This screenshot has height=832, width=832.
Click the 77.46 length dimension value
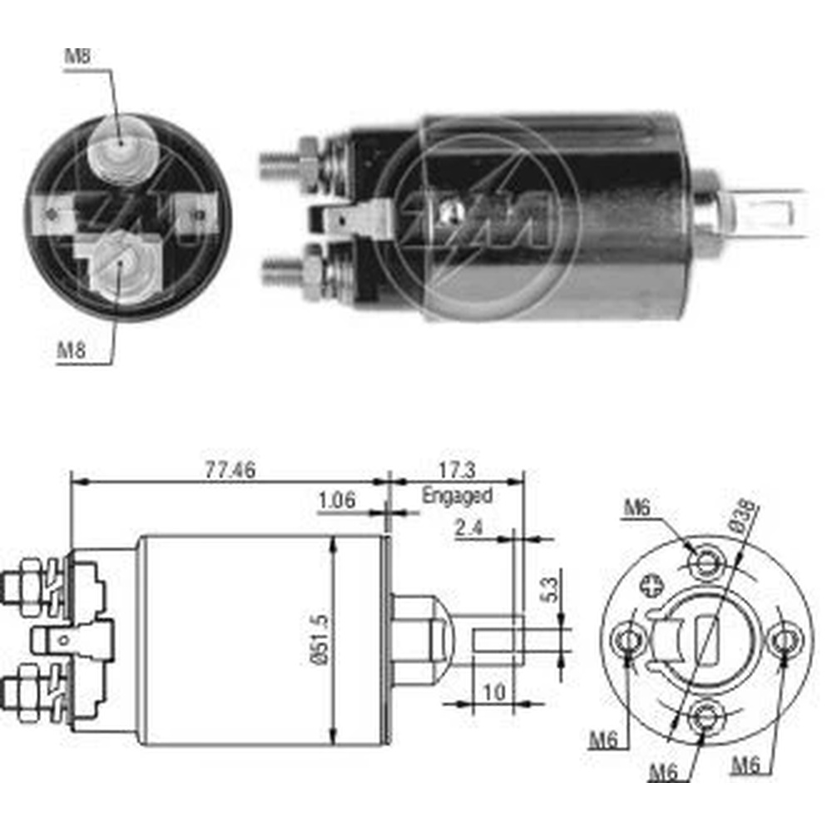pos(230,469)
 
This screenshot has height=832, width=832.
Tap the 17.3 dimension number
pos(457,469)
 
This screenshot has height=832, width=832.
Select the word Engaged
pos(457,496)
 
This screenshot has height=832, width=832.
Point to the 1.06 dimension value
pos(336,500)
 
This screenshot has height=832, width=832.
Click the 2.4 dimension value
pos(469,528)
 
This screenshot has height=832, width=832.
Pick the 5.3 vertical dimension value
pos(550,589)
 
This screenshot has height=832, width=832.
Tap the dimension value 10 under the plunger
pos(493,692)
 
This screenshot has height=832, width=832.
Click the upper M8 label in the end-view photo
pos(77,56)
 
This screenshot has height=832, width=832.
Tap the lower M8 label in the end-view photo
pos(71,350)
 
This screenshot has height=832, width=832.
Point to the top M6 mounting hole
pos(706,562)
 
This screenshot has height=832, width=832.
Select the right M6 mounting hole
pos(785,641)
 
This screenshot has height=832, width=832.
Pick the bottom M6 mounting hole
pos(706,718)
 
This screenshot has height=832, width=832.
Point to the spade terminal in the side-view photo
pos(350,217)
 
